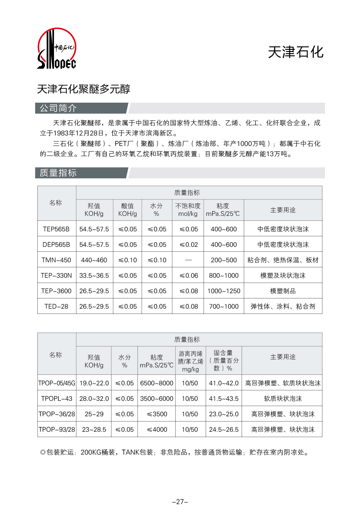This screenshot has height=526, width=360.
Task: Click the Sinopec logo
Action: (x=57, y=49)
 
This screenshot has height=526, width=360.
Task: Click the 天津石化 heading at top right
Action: (x=295, y=52)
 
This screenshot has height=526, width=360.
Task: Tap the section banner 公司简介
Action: (x=58, y=108)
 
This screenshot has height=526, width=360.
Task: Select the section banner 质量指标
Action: (x=58, y=173)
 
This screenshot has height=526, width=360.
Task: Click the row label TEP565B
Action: (x=56, y=229)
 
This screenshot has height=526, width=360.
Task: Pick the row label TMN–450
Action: (x=56, y=260)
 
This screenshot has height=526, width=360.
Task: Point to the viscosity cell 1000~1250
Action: (x=224, y=291)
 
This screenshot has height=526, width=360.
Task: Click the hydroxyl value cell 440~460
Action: (x=94, y=260)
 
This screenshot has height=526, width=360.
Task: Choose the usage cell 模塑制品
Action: (x=283, y=291)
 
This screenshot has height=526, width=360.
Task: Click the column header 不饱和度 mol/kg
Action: (x=188, y=210)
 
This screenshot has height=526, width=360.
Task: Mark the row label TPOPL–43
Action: (x=57, y=399)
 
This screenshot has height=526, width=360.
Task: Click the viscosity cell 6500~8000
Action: (x=157, y=383)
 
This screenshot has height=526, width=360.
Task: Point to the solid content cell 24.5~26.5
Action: (x=224, y=430)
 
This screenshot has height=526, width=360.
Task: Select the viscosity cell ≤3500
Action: (x=157, y=414)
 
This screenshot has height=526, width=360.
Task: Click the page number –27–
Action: (x=180, y=502)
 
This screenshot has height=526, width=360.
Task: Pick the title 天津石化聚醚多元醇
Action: (x=83, y=89)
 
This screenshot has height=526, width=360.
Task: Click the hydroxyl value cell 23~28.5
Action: (x=94, y=430)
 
